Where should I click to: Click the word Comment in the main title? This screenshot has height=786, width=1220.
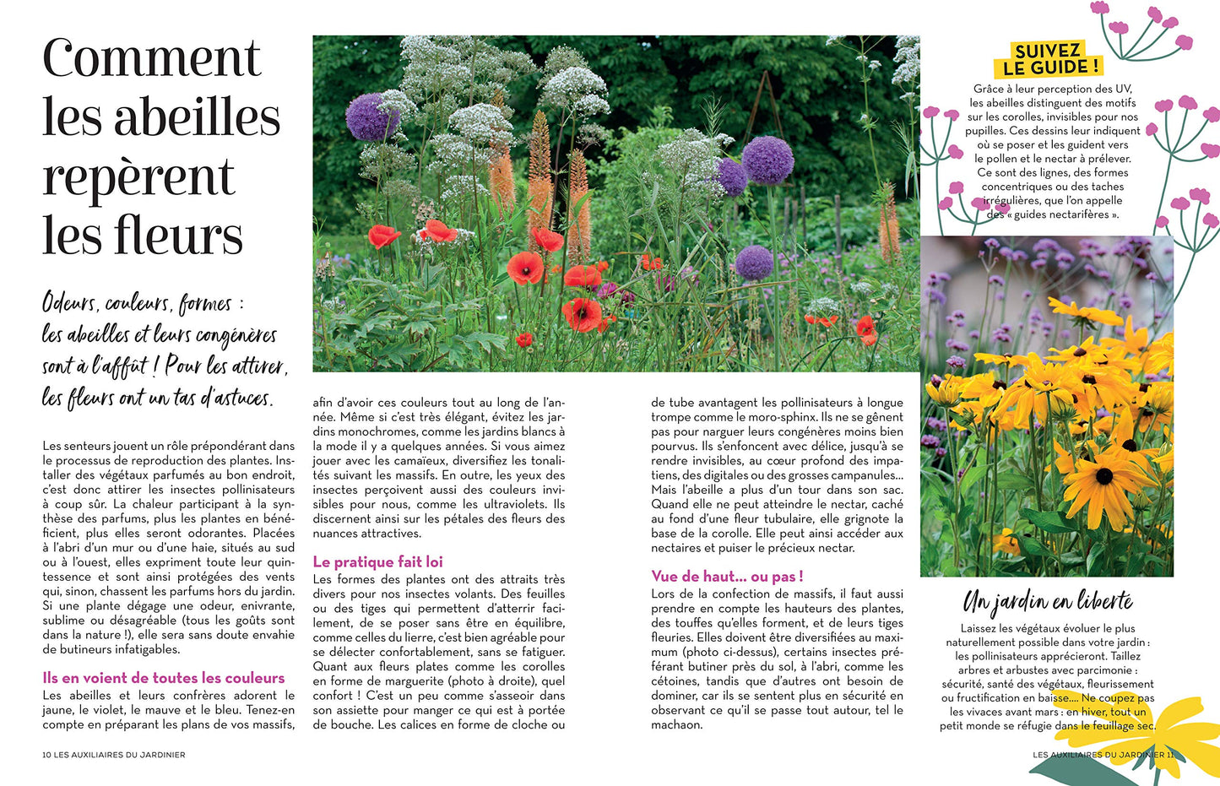pos(152,59)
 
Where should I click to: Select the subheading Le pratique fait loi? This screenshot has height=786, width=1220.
pos(377,562)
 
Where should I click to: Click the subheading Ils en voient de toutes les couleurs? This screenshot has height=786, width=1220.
pos(164,678)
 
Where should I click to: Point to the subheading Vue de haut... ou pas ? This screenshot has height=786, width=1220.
pos(727,577)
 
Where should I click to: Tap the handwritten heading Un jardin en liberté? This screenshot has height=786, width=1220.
pos(1048,602)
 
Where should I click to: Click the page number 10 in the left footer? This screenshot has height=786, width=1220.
pos(46,755)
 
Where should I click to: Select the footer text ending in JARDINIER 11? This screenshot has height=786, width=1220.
pos(1103,755)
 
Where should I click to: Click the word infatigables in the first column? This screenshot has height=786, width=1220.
pos(139,650)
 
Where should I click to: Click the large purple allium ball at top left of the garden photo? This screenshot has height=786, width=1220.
pos(371,117)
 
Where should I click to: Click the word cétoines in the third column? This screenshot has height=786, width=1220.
pos(675,681)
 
